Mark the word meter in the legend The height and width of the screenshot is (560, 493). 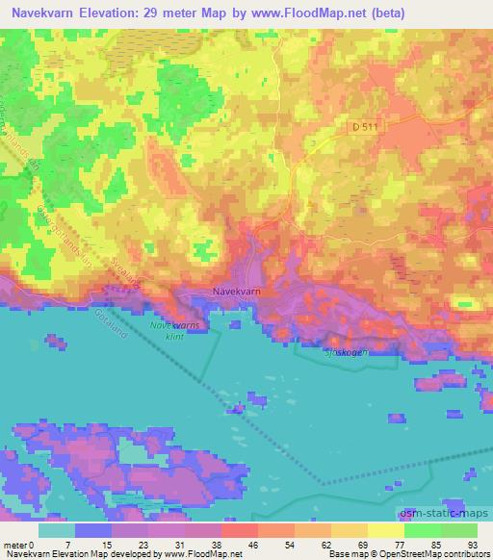[x=16, y=546]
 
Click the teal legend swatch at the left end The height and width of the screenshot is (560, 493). [x=57, y=530]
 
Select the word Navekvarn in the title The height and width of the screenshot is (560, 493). [x=41, y=13]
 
